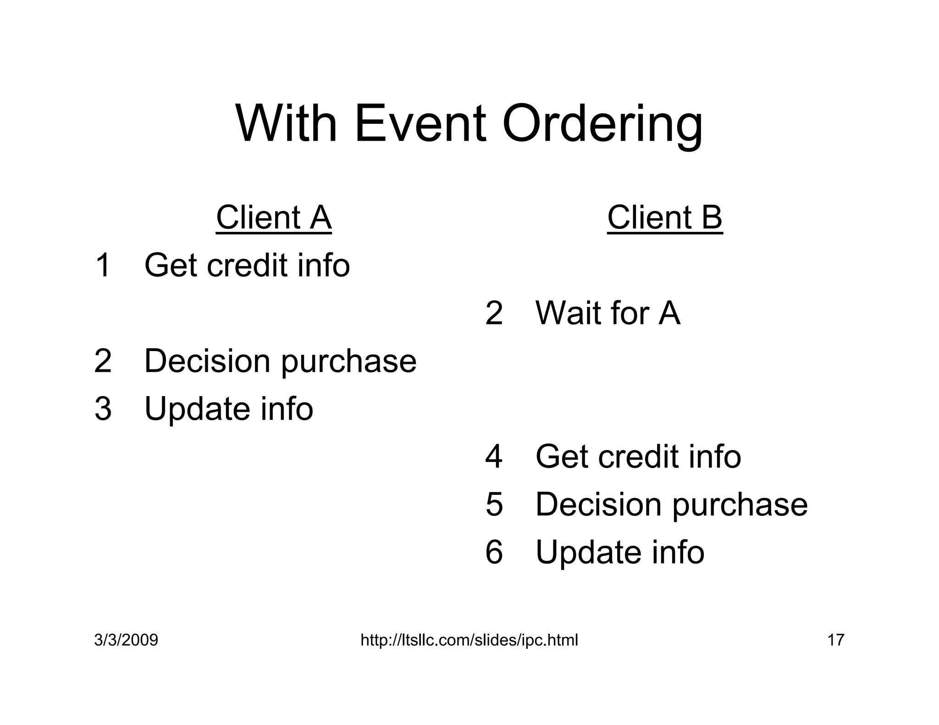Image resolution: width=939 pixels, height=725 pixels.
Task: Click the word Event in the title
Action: pos(420,124)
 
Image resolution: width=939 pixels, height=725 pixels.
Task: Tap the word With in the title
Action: pos(287,124)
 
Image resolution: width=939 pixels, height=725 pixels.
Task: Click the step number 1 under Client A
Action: pos(103,265)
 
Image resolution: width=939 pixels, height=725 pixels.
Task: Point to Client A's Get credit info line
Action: pos(247,265)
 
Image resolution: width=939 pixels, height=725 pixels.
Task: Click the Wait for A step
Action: pos(608,313)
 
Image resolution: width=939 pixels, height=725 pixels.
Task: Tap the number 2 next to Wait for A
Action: pos(494,313)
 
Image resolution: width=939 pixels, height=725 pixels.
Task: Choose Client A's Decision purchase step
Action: pos(280,362)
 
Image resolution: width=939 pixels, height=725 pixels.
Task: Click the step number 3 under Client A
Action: pos(103,409)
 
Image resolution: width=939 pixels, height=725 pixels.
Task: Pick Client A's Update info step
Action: pos(228,409)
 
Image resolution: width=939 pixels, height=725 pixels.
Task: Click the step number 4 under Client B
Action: pos(494,457)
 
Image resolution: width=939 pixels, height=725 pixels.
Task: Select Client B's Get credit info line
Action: pos(638,457)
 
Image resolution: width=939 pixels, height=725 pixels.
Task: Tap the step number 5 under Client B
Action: pos(494,505)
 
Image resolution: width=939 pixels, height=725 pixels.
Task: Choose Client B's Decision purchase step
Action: pos(671,505)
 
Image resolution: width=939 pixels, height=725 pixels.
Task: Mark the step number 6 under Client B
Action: pos(494,552)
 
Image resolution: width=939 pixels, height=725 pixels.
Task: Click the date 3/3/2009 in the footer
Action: pos(126,640)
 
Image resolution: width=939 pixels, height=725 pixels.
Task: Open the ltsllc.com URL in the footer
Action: pos(469,640)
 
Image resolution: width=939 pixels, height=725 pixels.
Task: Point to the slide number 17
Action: pos(835,640)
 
